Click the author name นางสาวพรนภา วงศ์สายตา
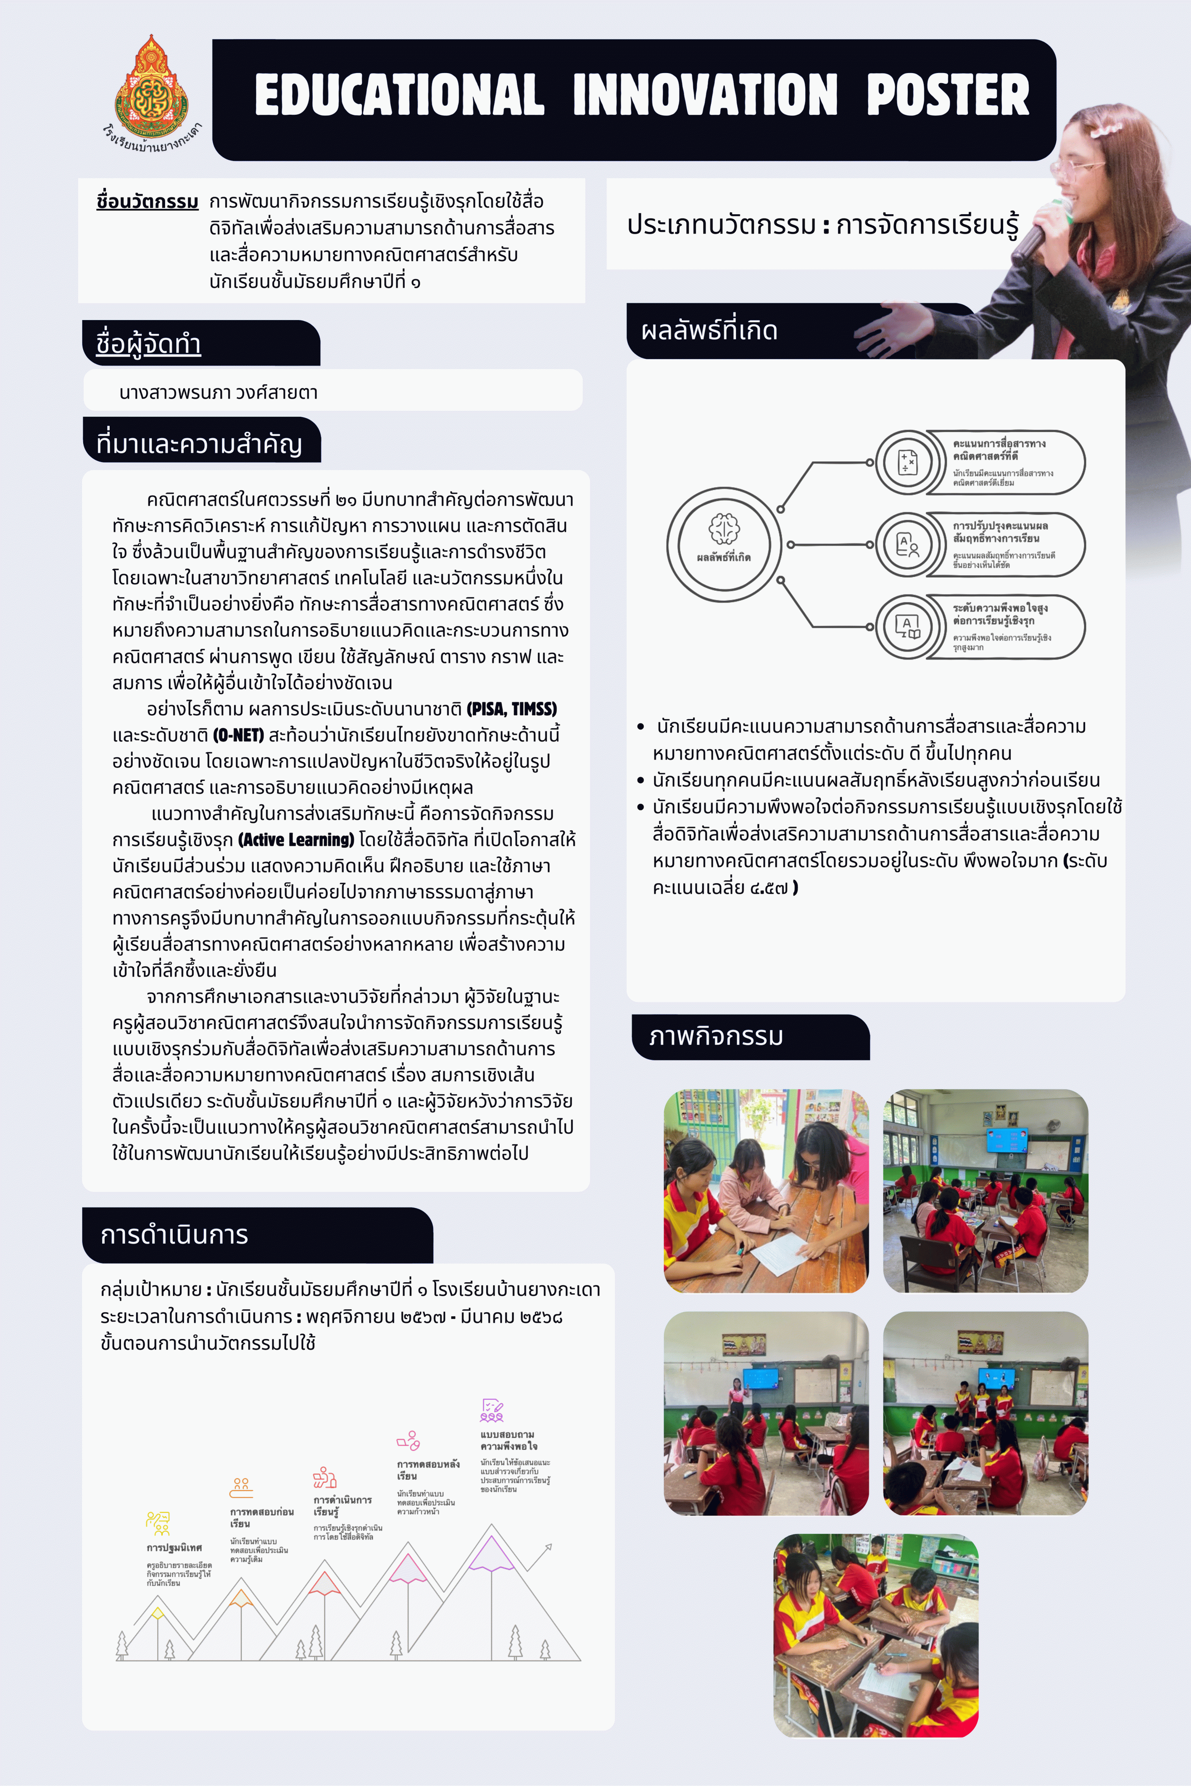(218, 392)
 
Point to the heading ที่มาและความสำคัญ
(199, 444)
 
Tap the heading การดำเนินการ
(174, 1235)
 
